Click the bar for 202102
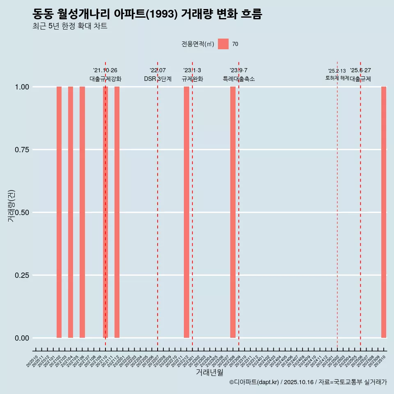point(59,212)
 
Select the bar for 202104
point(71,212)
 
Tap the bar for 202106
point(82,212)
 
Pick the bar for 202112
point(117,212)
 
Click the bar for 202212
point(186,212)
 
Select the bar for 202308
point(233,212)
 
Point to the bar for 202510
point(384,212)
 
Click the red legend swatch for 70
point(223,44)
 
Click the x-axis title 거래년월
point(210,373)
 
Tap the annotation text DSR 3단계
point(158,79)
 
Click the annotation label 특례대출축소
point(238,79)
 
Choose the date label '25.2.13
point(337,71)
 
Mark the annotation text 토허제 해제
point(337,78)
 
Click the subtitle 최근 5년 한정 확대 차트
point(70,26)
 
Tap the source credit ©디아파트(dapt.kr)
point(254,382)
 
